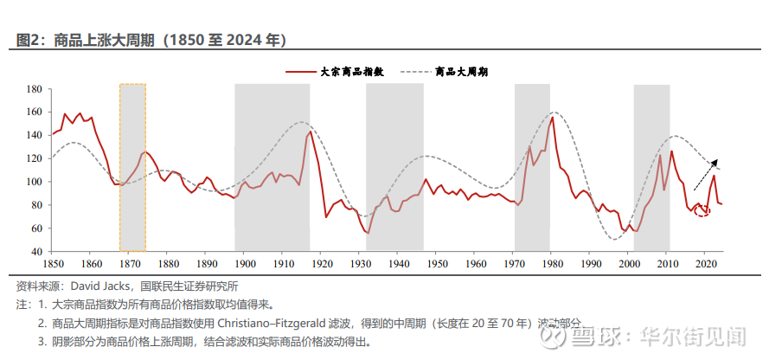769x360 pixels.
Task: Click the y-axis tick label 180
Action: pos(34,89)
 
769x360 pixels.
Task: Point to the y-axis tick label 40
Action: pos(36,252)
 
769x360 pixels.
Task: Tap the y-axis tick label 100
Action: pos(34,182)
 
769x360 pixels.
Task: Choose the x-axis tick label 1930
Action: pos(359,263)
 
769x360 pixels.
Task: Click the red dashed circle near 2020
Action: pos(702,210)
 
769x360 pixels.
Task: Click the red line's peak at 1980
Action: pos(552,117)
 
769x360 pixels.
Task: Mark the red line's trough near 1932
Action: pos(368,233)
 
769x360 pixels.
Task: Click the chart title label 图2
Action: pos(30,40)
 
